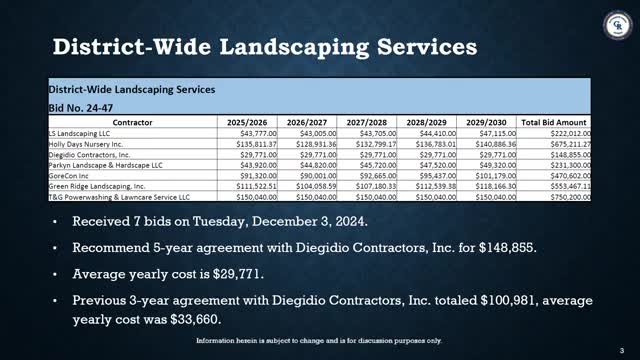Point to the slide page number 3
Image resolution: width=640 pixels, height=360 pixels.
pos(621,348)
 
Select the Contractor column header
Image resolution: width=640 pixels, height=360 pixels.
pos(133,121)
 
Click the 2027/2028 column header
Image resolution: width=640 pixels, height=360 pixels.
pos(368,121)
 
